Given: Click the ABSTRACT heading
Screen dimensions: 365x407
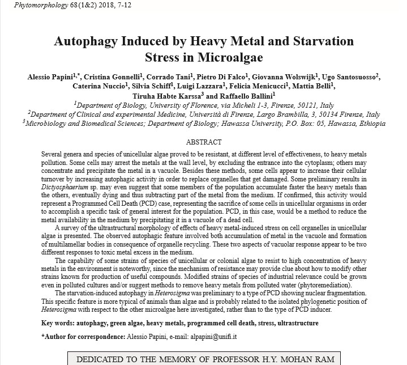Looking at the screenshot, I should pos(204,142).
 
